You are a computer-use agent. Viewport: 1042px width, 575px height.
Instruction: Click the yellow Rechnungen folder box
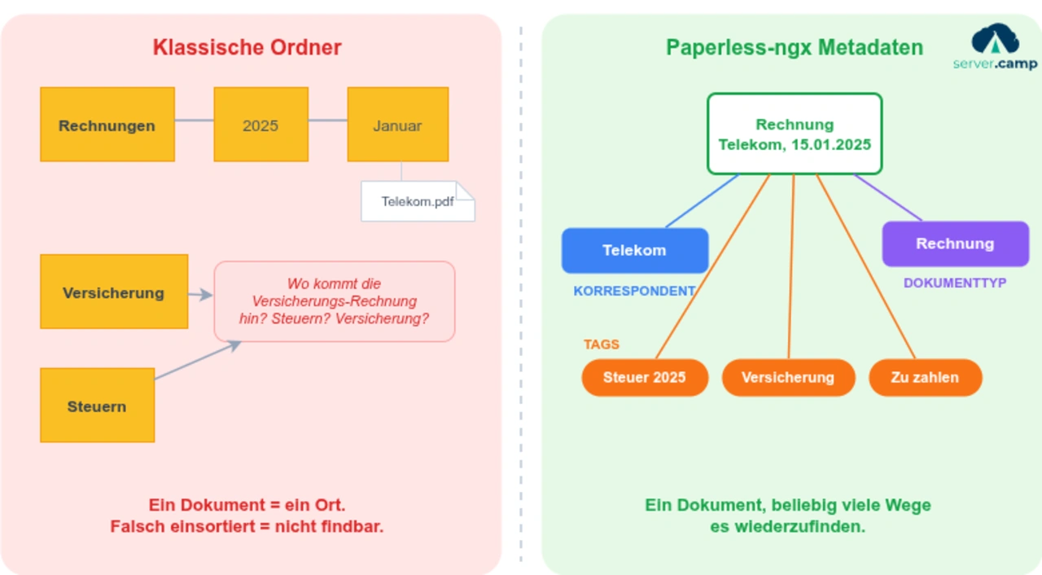click(107, 125)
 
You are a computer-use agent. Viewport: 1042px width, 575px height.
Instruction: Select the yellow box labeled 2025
click(260, 125)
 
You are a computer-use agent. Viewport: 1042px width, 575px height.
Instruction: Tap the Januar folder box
click(397, 125)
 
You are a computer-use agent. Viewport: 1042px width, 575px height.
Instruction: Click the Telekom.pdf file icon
click(418, 201)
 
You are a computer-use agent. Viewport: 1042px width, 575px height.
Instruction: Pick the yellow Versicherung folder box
click(114, 292)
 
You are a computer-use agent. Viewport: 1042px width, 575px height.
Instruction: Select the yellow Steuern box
click(97, 406)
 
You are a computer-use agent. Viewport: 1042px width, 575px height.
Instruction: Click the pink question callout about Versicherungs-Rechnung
click(334, 301)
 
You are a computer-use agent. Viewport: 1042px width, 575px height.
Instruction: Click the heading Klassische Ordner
click(247, 47)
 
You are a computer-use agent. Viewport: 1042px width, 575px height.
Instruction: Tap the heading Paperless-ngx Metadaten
click(794, 47)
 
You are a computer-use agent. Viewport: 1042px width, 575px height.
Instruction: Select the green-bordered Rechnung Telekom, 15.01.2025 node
click(794, 134)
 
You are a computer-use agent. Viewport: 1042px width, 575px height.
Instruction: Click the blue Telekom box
click(634, 250)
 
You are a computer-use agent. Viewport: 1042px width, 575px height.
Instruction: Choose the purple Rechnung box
click(955, 244)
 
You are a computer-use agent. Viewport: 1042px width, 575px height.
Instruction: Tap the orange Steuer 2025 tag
click(644, 377)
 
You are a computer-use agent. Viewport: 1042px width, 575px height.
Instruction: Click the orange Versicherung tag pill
click(787, 377)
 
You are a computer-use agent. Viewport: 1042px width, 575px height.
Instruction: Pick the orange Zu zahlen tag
click(925, 377)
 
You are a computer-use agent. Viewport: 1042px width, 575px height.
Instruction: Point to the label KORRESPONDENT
click(634, 291)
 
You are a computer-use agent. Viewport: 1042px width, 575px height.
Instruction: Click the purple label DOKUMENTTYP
click(955, 283)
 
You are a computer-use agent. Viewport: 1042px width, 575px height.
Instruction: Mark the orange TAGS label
click(602, 344)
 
